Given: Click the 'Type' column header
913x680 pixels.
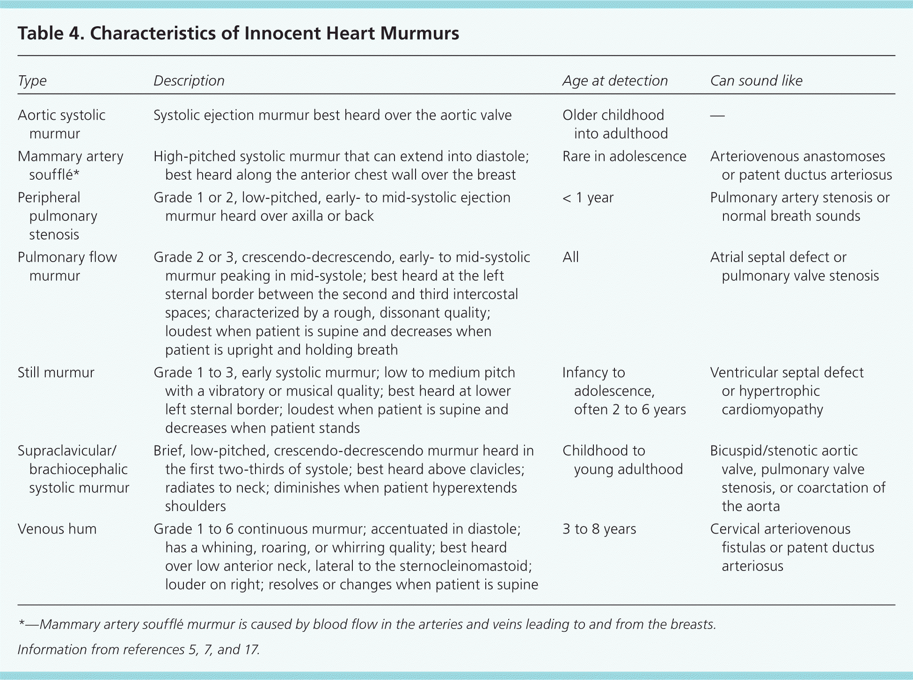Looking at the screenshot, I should [x=32, y=81].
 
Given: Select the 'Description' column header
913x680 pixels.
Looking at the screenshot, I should [x=189, y=81].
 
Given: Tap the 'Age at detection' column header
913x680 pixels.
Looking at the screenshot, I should [x=615, y=81].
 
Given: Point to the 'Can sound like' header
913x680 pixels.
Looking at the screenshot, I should [x=756, y=81].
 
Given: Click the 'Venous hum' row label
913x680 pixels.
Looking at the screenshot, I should [x=57, y=529].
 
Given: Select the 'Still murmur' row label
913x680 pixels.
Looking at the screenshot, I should [x=56, y=373].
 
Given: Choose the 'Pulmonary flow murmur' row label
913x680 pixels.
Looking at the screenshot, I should [x=67, y=266].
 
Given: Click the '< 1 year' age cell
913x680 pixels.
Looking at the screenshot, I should [x=588, y=198].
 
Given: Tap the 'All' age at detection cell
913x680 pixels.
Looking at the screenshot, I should [x=570, y=257].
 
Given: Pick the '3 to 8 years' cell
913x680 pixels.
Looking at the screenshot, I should [x=599, y=529].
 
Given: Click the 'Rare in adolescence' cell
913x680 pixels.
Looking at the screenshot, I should [x=624, y=157].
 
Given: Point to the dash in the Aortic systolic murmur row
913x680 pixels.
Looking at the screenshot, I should [x=717, y=116].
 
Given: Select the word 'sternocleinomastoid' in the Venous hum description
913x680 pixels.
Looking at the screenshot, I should [x=460, y=566].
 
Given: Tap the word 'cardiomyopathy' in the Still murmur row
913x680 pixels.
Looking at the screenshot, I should [x=772, y=410].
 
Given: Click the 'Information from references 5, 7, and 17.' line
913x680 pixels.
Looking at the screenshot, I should [x=139, y=650].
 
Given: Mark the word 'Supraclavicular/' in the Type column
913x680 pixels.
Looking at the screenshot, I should [x=67, y=451].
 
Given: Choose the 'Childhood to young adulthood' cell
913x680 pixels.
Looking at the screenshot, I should [x=622, y=460].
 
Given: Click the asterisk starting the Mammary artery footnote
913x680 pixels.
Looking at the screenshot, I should [x=21, y=624].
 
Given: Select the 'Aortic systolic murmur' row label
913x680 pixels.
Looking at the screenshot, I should [x=61, y=124].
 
